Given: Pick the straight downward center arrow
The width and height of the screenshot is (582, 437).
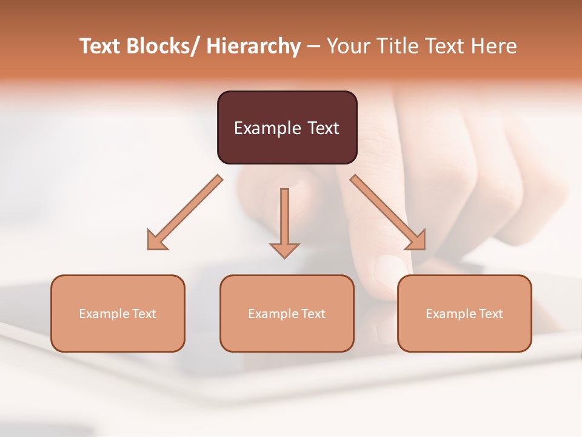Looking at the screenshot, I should (x=284, y=222).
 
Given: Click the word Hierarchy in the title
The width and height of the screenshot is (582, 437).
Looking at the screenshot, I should (x=253, y=46).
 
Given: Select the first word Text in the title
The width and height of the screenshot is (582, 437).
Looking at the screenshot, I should (x=101, y=46).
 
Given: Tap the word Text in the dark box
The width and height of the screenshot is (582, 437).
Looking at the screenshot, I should (x=323, y=128).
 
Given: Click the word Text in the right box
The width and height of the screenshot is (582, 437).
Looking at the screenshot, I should (x=490, y=314).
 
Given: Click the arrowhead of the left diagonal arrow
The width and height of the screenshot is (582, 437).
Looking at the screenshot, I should (x=157, y=240).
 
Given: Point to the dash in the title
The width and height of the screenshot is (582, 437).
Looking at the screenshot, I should (x=313, y=46).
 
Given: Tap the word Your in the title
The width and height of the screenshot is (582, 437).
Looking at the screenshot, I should (x=347, y=46).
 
